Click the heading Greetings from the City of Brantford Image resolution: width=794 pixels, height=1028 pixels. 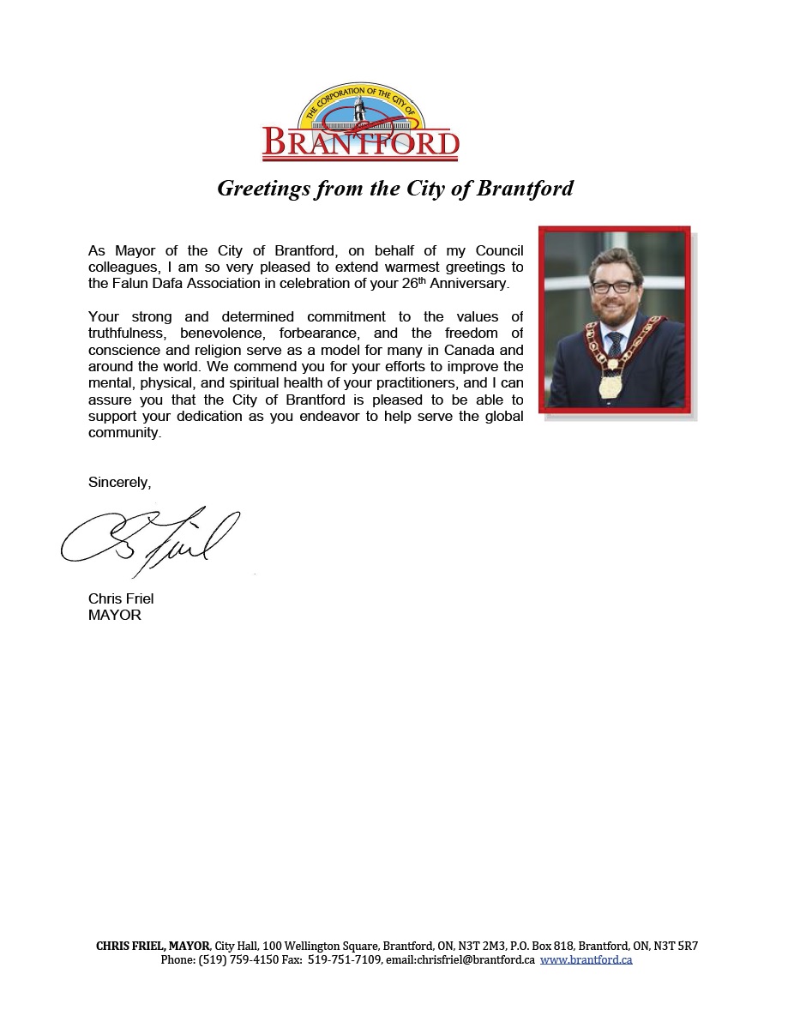click(395, 189)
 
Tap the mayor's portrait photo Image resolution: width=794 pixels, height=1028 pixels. click(615, 319)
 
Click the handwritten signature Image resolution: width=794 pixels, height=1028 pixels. click(150, 538)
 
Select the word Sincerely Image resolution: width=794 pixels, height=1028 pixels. click(119, 483)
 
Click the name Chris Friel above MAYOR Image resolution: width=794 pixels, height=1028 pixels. click(121, 598)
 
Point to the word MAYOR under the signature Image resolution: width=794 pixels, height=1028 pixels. click(115, 615)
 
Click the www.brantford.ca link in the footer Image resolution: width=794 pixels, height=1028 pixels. click(586, 960)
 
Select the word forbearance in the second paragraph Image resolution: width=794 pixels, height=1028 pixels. click(318, 333)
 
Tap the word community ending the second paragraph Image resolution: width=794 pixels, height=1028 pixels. click(124, 433)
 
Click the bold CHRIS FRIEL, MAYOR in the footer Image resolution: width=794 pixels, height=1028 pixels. click(153, 947)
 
